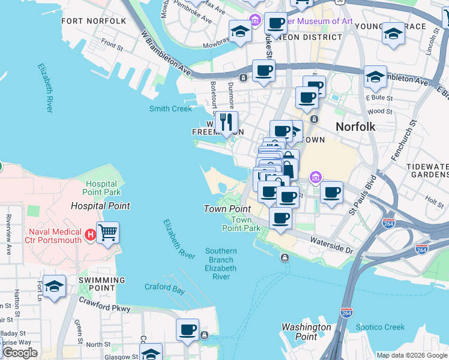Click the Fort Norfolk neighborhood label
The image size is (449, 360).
94,21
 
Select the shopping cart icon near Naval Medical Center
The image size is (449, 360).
107,232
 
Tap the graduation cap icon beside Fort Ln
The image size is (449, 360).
54,287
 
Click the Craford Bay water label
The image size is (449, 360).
164,287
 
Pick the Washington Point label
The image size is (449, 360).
306,332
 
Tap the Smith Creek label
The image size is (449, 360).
170,109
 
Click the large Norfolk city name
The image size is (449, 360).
355,127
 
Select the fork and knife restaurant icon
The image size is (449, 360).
226,122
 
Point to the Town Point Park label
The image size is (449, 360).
241,224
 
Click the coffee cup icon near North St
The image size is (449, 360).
187,329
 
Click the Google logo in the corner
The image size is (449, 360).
20,352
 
